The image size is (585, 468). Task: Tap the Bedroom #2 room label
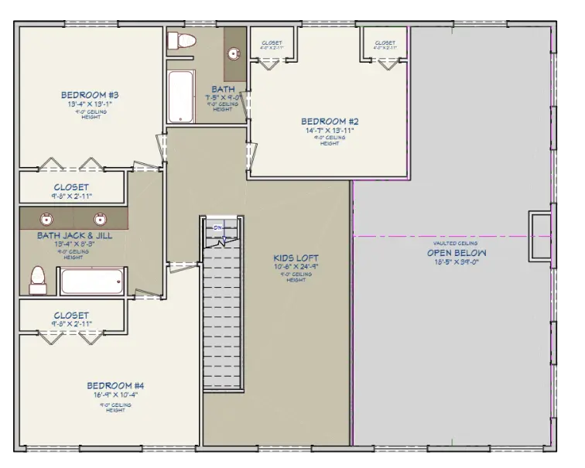(329, 121)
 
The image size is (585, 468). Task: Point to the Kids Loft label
(296, 258)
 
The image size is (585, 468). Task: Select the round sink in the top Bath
(233, 54)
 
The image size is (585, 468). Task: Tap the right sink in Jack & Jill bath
(100, 217)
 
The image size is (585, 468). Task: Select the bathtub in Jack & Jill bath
(92, 280)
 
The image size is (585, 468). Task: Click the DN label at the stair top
(218, 228)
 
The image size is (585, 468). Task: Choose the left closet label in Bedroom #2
(272, 43)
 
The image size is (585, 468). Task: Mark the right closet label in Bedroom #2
(385, 43)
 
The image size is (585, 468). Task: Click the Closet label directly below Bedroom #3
(70, 187)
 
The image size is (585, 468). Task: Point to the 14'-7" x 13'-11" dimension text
(329, 132)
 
